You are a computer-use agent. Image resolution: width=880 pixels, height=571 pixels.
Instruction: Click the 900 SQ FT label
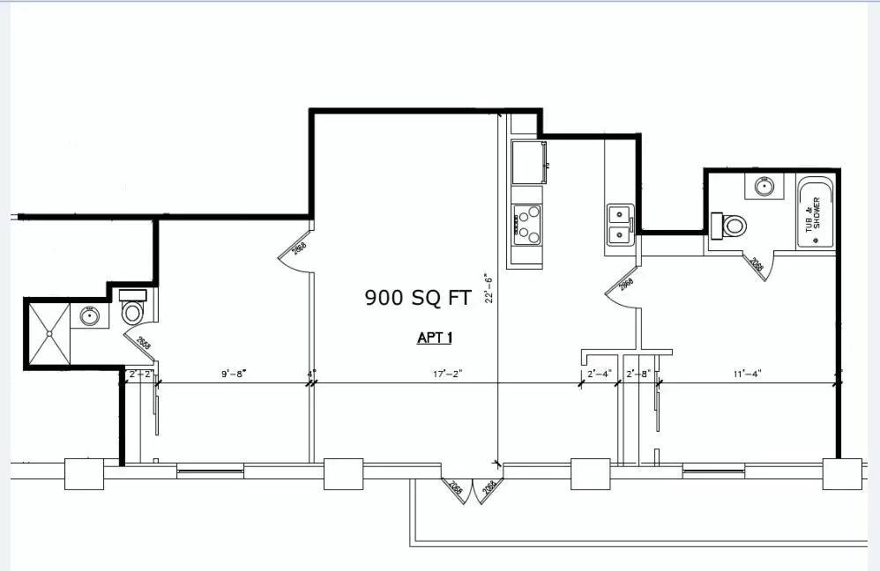click(x=418, y=298)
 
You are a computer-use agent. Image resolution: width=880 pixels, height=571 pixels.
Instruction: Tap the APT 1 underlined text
click(x=435, y=337)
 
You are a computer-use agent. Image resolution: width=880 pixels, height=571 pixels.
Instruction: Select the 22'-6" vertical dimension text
click(x=488, y=288)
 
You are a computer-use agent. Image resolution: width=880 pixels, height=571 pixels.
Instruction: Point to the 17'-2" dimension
click(x=448, y=374)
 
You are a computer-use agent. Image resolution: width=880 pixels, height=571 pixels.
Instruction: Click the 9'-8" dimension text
click(x=233, y=374)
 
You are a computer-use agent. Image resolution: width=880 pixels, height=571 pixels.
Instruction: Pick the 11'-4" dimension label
click(x=746, y=374)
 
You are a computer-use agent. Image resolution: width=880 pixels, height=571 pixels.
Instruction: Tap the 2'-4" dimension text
click(x=600, y=374)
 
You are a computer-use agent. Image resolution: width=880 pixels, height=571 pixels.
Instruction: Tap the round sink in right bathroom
click(x=762, y=187)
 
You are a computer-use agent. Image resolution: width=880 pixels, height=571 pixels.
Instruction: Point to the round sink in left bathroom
click(x=90, y=315)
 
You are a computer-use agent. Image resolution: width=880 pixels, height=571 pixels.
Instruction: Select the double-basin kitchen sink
click(x=619, y=223)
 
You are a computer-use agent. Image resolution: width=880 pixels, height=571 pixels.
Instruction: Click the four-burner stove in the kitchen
click(x=527, y=224)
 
